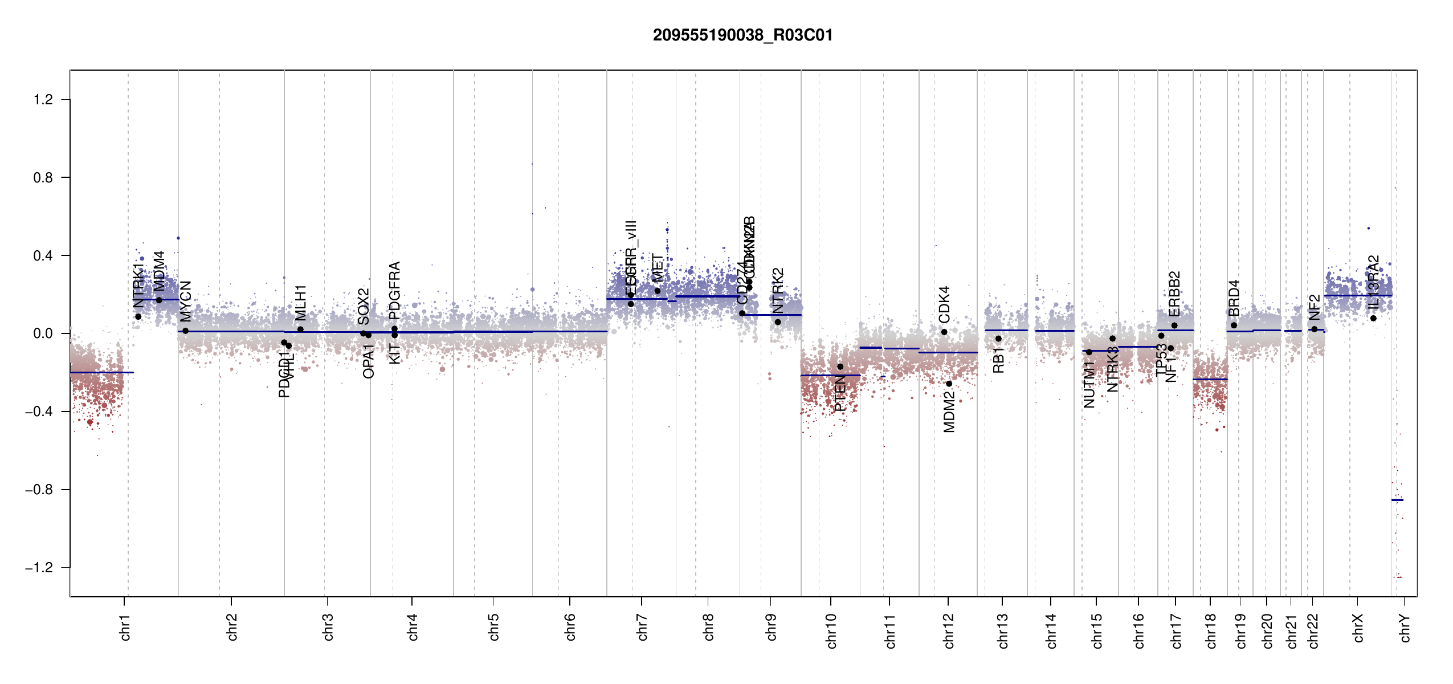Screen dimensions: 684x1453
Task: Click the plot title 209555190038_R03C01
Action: click(742, 35)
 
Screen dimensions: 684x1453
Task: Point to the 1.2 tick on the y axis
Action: click(43, 100)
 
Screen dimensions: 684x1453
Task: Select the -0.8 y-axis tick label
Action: click(39, 490)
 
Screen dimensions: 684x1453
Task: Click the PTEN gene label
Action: click(840, 394)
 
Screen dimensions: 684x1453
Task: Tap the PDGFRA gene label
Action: click(394, 290)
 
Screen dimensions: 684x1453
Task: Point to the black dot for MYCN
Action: click(185, 331)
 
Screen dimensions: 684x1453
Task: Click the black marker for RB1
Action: click(998, 339)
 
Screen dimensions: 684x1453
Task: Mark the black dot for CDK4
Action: click(944, 332)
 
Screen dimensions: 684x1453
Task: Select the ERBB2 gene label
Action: click(1174, 294)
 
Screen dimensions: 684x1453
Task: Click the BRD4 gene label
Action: click(1234, 298)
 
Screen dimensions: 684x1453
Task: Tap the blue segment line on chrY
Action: click(1397, 500)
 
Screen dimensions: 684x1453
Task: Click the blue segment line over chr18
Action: click(1210, 379)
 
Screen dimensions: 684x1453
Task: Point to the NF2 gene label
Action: click(1315, 307)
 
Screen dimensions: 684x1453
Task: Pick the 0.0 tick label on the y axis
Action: click(43, 333)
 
